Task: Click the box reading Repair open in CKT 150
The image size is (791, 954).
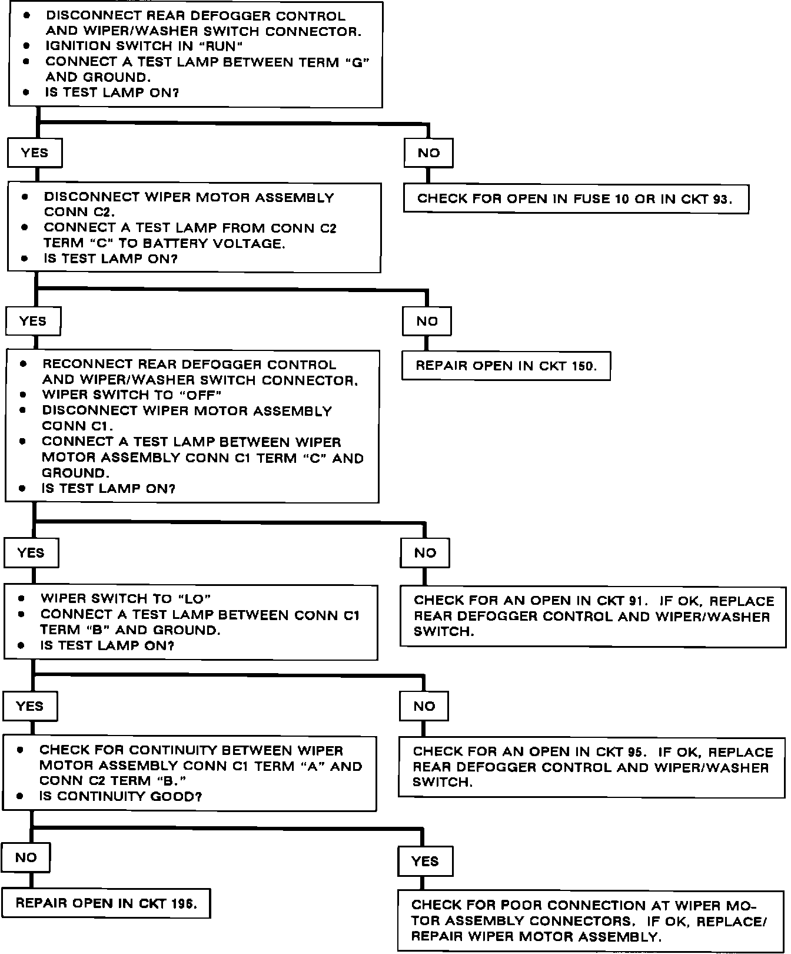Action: click(506, 366)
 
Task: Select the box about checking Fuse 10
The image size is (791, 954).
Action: click(576, 198)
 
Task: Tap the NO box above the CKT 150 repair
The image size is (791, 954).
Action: click(427, 321)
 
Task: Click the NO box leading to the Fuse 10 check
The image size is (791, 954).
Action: click(428, 153)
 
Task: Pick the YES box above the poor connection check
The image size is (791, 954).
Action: click(425, 861)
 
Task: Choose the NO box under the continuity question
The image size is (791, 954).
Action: click(26, 857)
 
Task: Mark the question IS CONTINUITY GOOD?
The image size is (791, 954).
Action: click(121, 796)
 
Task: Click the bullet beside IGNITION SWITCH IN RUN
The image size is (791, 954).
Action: click(26, 45)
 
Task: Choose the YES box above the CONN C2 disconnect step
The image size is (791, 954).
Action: click(35, 153)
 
